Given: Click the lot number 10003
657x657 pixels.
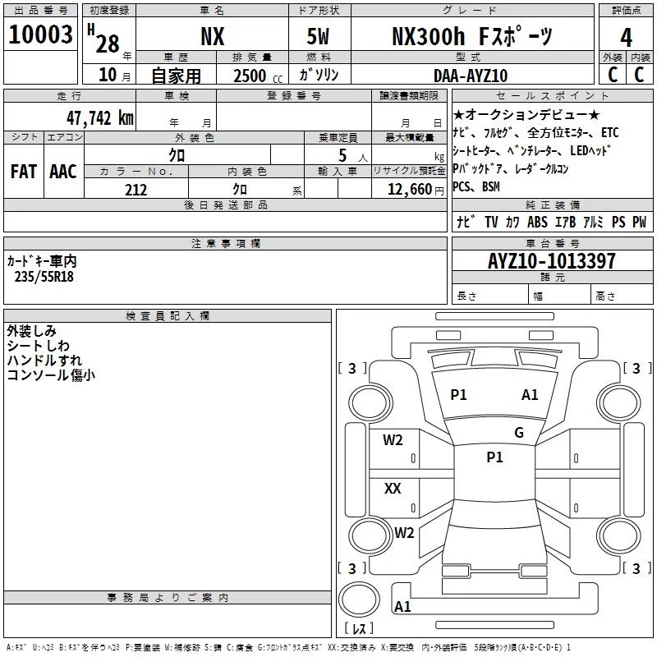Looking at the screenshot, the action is click(x=40, y=34).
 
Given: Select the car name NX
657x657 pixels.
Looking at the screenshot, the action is click(x=213, y=36).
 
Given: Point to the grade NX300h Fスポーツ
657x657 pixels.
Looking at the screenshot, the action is click(x=471, y=36).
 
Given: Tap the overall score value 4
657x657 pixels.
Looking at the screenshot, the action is click(x=626, y=38).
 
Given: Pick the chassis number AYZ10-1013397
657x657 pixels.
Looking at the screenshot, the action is click(x=551, y=261).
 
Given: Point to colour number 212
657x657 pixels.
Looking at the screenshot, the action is click(x=136, y=190).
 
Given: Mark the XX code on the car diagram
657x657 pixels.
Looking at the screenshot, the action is click(x=393, y=489).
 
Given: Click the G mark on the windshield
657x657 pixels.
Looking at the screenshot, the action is click(x=518, y=433).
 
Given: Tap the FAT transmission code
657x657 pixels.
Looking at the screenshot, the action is click(x=23, y=171).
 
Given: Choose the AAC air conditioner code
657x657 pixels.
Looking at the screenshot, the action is click(x=63, y=171).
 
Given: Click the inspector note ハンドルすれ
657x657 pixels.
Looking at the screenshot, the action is click(x=44, y=361).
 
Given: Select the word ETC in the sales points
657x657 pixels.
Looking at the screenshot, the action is click(x=609, y=132).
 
